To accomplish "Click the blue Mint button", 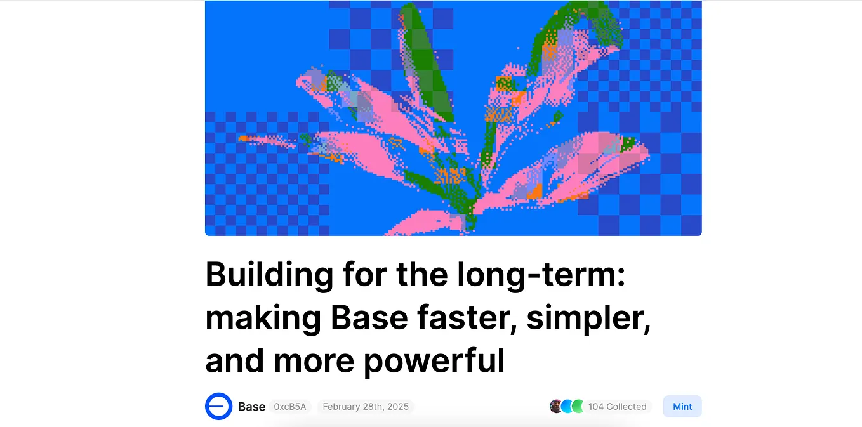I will (682, 407).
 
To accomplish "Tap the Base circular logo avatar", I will (218, 407).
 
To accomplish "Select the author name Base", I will (251, 407).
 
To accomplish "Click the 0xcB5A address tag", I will (290, 407).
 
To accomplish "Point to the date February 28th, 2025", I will (365, 407).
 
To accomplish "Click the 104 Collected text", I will (617, 407).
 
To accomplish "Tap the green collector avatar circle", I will (578, 407).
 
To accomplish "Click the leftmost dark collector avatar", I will (557, 407).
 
